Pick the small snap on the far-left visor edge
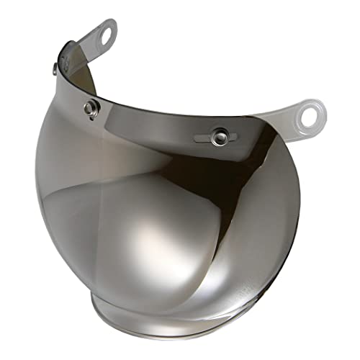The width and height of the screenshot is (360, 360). point(56,68)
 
